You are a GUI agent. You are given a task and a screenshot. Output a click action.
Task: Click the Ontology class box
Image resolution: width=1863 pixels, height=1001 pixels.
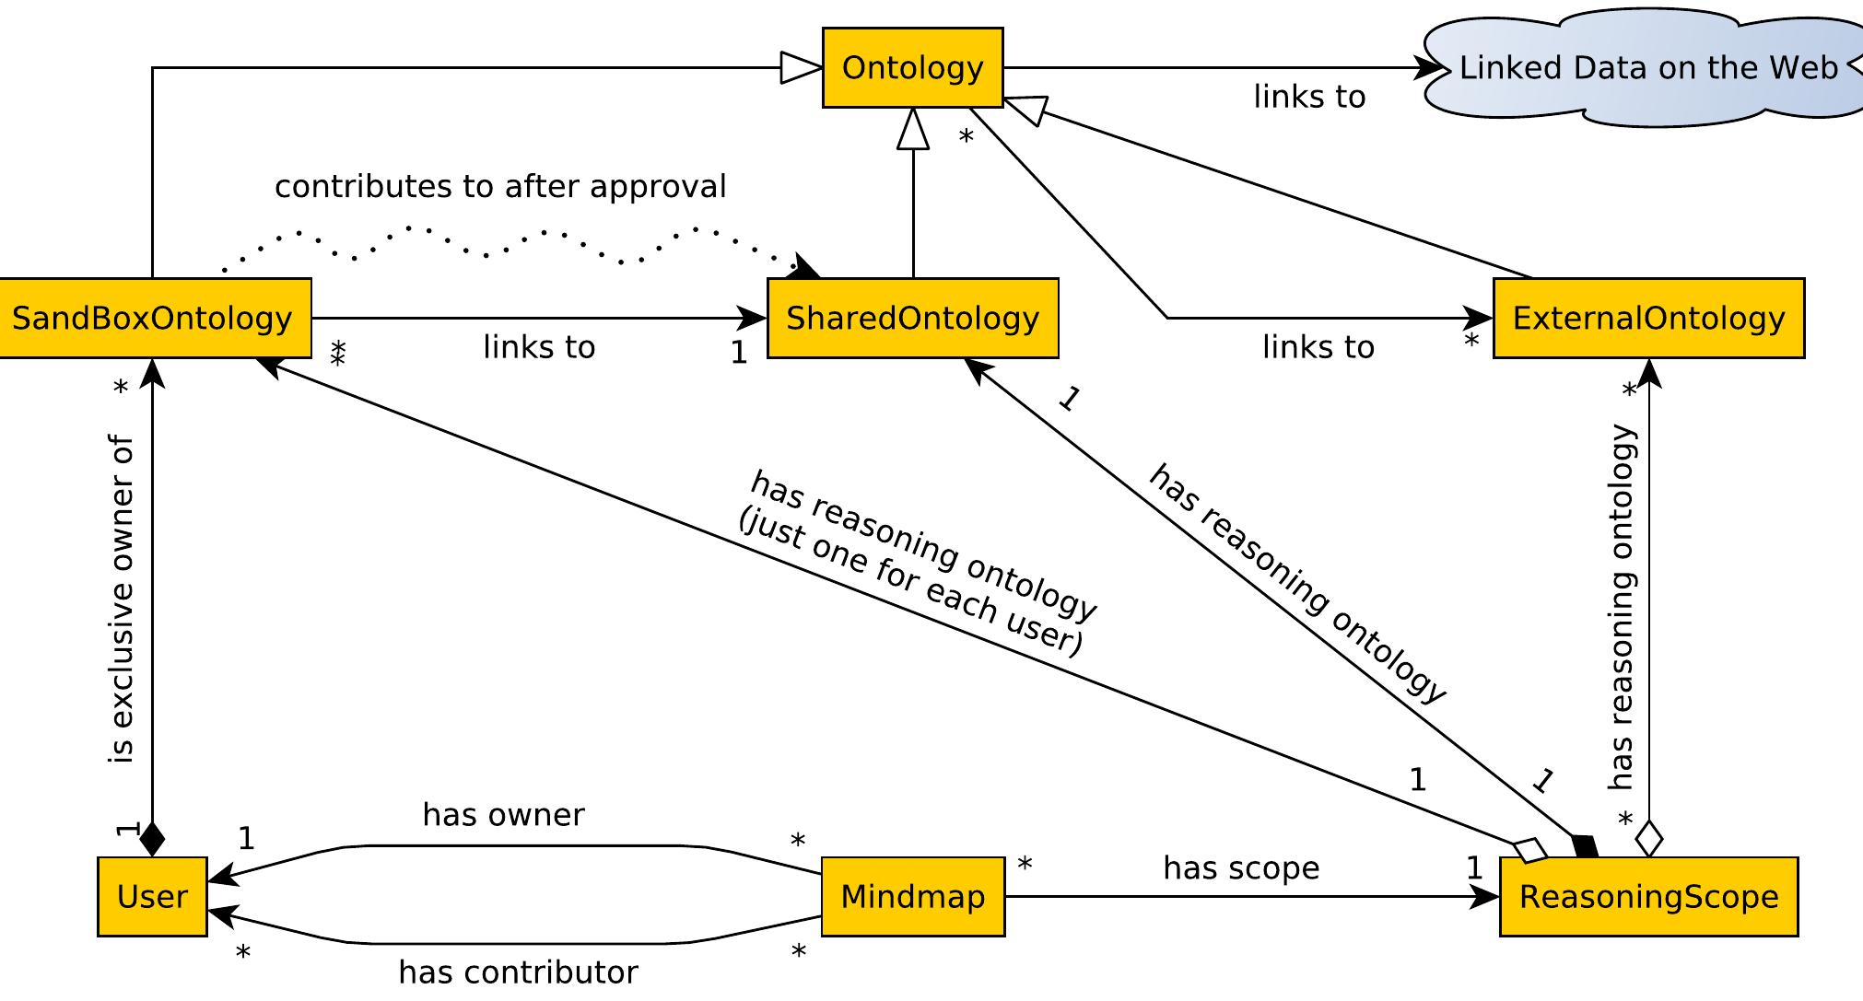click(912, 68)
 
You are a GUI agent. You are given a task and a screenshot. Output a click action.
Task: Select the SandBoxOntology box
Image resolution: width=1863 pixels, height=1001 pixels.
click(153, 319)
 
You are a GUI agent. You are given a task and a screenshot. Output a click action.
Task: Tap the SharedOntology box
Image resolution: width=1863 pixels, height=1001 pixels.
click(912, 319)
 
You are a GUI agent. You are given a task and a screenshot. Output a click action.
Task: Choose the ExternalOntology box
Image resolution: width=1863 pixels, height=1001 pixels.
click(1648, 319)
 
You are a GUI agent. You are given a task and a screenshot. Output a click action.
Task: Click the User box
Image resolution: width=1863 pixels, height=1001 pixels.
click(152, 897)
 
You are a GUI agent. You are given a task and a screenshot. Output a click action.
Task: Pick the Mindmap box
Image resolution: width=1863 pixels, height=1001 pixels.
click(912, 897)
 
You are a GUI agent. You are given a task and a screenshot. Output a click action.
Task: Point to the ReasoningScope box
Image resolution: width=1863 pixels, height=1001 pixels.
click(1648, 897)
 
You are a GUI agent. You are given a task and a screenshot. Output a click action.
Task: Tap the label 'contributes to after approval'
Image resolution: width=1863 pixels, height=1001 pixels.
click(500, 187)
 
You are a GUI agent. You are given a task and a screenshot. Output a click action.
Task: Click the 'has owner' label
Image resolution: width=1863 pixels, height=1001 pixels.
click(503, 815)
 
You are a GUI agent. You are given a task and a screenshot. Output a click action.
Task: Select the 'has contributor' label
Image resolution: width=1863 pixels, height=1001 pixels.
click(518, 972)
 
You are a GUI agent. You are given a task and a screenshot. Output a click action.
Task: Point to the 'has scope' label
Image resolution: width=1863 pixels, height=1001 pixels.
click(1241, 868)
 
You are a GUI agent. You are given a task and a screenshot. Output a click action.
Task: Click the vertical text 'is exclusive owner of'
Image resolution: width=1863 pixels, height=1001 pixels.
click(122, 599)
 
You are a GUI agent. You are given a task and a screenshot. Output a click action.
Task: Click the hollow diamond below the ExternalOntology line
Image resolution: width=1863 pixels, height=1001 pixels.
click(1648, 839)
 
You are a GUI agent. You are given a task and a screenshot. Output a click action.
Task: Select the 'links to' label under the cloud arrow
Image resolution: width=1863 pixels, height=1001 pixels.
click(1308, 97)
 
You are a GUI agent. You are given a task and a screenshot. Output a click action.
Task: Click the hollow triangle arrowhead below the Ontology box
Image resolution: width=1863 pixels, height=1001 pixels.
click(913, 129)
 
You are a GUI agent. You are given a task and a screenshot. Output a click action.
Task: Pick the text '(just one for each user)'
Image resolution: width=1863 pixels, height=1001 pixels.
click(910, 588)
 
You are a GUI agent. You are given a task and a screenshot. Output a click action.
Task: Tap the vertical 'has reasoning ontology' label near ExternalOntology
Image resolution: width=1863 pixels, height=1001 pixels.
click(1621, 608)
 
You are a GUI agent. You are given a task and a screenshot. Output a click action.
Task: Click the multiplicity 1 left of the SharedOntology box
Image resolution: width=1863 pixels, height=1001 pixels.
click(739, 353)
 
